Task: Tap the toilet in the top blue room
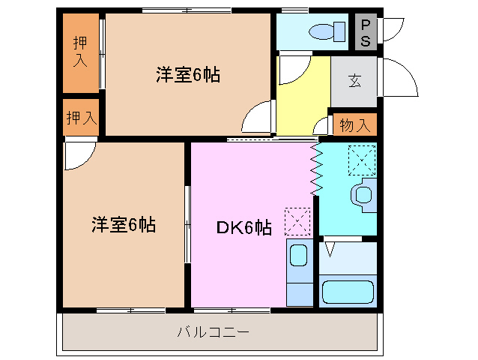tap(326, 31)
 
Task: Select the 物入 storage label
tap(354, 125)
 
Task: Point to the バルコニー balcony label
tap(214, 331)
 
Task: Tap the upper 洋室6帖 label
tap(188, 76)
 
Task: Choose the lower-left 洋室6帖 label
tap(124, 224)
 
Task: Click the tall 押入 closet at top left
tap(80, 52)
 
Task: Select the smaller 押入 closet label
tap(80, 118)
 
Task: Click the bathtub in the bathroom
tap(347, 292)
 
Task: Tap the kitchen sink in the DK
tap(299, 256)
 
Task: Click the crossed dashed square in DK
tap(297, 220)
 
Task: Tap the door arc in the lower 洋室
tap(78, 154)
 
